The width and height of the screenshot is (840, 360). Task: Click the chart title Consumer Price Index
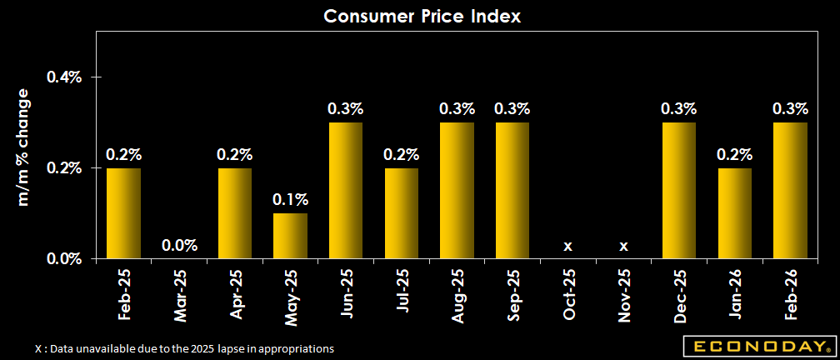pos(422,16)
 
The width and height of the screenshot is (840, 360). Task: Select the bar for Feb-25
pos(123,213)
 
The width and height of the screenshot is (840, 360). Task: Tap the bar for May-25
pos(290,236)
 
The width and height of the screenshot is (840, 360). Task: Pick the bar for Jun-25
pos(346,191)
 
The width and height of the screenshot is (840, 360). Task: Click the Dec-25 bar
pos(678,191)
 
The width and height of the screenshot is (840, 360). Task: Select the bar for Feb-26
pos(790,191)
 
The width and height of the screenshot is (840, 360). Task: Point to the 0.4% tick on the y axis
pos(64,77)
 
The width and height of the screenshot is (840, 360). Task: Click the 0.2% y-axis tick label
pos(64,168)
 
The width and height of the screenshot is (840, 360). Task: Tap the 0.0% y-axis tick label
pos(64,258)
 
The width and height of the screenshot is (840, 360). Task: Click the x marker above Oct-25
pos(567,246)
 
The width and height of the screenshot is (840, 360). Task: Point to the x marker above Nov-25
pos(623,246)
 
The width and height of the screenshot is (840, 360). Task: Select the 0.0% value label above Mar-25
pos(179,245)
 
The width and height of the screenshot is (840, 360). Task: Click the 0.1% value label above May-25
pos(290,200)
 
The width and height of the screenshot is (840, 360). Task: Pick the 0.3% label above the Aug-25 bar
pos(457,109)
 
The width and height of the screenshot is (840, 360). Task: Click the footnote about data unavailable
pos(185,348)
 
